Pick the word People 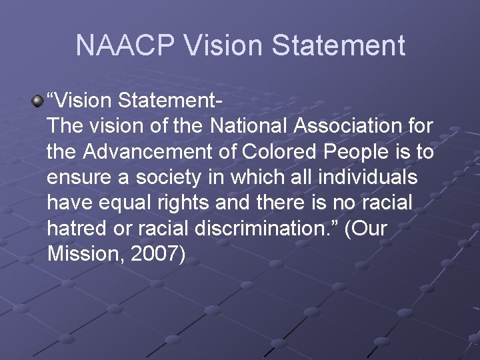pyautogui.click(x=351, y=152)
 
